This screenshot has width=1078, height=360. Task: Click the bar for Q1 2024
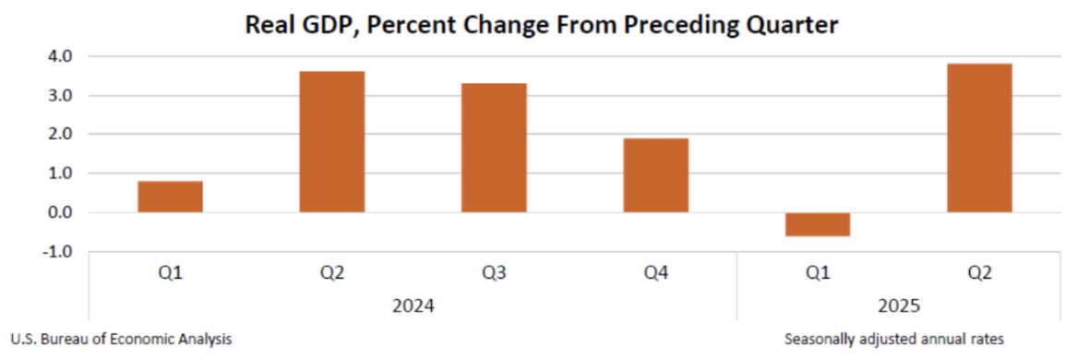[x=170, y=197]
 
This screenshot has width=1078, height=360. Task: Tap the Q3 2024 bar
[x=494, y=148]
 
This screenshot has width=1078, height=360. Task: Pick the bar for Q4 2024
[x=655, y=175]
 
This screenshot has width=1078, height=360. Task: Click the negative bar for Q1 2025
[x=817, y=224]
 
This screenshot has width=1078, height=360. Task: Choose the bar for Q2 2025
[x=979, y=138]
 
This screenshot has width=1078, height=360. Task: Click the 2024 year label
[x=413, y=304]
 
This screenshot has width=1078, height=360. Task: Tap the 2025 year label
[x=898, y=304]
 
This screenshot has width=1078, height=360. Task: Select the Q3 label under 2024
[x=494, y=272]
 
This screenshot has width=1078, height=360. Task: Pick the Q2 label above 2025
[x=979, y=272]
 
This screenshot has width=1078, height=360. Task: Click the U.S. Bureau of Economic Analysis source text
[x=121, y=339]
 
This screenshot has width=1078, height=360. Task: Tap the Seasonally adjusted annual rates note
[x=894, y=339]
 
